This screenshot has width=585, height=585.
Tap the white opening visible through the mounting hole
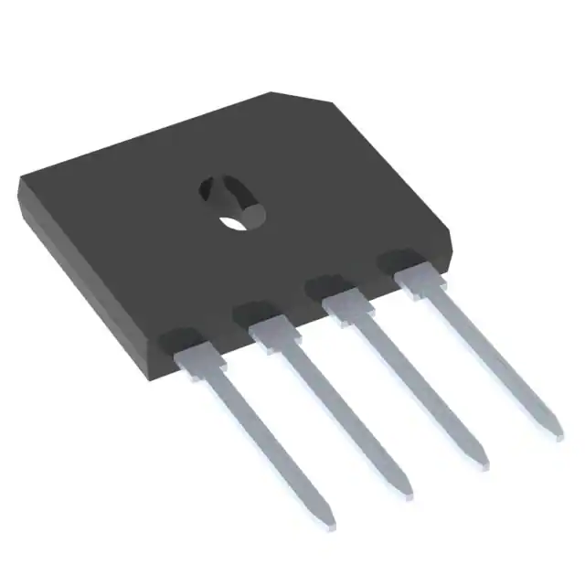[x=237, y=220]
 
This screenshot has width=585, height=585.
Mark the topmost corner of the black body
[x=273, y=93]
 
